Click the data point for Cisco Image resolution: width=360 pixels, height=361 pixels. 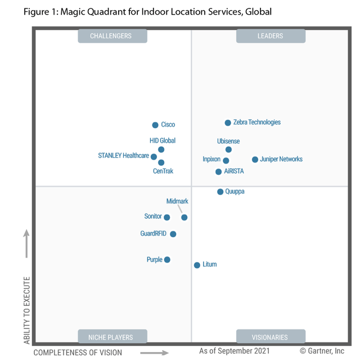click(155, 125)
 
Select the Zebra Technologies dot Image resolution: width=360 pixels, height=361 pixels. click(228, 123)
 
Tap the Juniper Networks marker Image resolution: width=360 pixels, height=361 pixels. click(255, 160)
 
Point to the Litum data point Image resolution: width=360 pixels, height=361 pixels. click(197, 265)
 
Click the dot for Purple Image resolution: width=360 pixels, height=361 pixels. click(167, 260)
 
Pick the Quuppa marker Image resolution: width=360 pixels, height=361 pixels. click(220, 192)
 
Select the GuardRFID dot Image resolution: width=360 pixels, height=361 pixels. click(173, 234)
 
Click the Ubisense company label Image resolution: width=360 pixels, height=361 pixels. click(228, 141)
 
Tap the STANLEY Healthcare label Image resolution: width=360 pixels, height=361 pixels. click(123, 156)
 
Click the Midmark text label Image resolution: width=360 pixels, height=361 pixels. click(177, 201)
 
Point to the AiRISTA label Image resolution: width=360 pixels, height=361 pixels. click(234, 172)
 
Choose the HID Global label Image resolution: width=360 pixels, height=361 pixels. click(163, 141)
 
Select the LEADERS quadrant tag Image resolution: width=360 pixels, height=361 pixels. click(271, 36)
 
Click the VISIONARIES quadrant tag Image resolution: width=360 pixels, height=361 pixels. click(271, 337)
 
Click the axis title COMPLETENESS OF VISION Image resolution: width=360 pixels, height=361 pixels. click(78, 353)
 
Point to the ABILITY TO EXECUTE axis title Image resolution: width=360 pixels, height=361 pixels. click(26, 310)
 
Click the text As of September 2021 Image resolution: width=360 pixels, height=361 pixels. click(234, 351)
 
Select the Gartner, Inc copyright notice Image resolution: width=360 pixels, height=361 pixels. click(322, 351)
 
